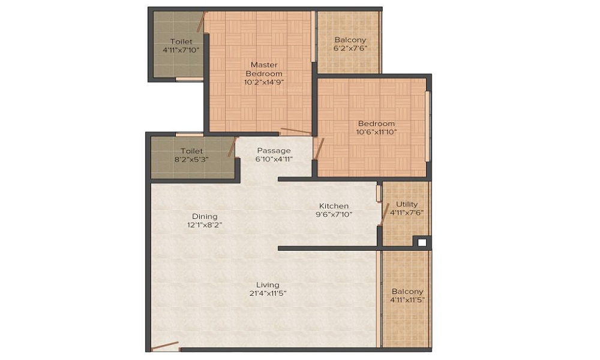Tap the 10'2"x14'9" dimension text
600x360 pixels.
(x=263, y=83)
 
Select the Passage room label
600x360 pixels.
(x=274, y=150)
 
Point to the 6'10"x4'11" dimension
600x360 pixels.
(x=274, y=159)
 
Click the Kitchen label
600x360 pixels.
(x=334, y=206)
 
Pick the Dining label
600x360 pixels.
(x=205, y=216)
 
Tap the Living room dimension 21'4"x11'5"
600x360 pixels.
(x=267, y=293)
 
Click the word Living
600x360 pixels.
(x=267, y=284)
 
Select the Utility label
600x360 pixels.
(x=407, y=204)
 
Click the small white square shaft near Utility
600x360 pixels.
(x=422, y=242)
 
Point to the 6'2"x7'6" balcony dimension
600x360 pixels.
(x=350, y=49)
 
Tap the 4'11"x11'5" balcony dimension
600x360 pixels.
(x=407, y=300)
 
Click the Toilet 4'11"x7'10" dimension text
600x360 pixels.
(x=181, y=50)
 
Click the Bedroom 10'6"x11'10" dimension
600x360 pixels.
(x=376, y=132)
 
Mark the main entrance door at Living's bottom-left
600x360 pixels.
(x=165, y=346)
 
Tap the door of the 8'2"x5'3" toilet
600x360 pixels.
(x=232, y=147)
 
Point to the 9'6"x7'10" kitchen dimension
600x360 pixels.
(x=334, y=214)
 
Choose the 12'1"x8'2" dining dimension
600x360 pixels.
(x=205, y=225)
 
